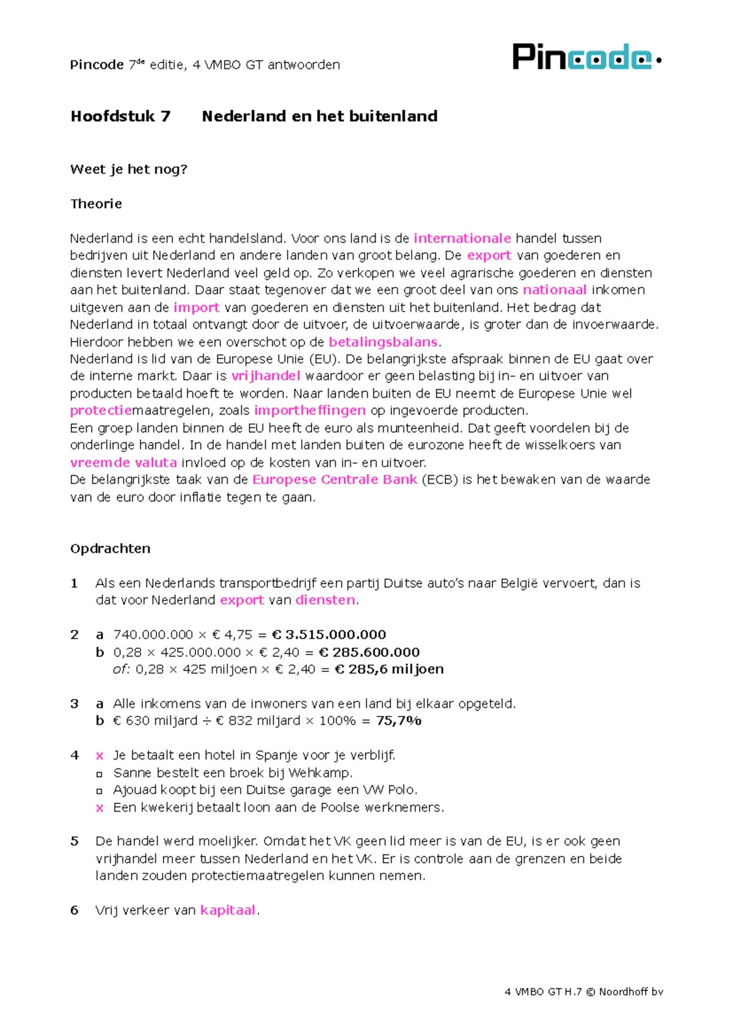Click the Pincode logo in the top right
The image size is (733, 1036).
[586, 57]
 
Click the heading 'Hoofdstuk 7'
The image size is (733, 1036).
[120, 116]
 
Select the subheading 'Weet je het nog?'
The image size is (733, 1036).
[128, 169]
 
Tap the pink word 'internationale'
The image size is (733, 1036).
[462, 238]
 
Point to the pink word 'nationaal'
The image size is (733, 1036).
[555, 290]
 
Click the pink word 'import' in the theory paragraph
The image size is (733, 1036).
[196, 307]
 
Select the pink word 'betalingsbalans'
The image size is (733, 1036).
[383, 342]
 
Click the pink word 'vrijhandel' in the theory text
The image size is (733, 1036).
[266, 376]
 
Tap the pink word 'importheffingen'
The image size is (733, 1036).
[310, 410]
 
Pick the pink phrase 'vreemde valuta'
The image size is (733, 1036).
[123, 462]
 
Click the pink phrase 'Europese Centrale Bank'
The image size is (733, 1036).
[335, 480]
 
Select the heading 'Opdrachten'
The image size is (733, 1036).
[110, 549]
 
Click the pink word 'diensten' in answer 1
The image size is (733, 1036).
[325, 600]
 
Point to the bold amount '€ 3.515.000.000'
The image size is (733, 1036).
[329, 635]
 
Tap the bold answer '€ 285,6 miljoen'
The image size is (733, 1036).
[389, 669]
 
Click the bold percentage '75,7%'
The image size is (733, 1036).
[398, 721]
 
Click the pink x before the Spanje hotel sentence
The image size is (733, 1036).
[100, 756]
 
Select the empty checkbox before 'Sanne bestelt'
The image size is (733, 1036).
[100, 773]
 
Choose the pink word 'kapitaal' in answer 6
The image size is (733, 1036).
[227, 910]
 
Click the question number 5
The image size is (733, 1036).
[75, 841]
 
